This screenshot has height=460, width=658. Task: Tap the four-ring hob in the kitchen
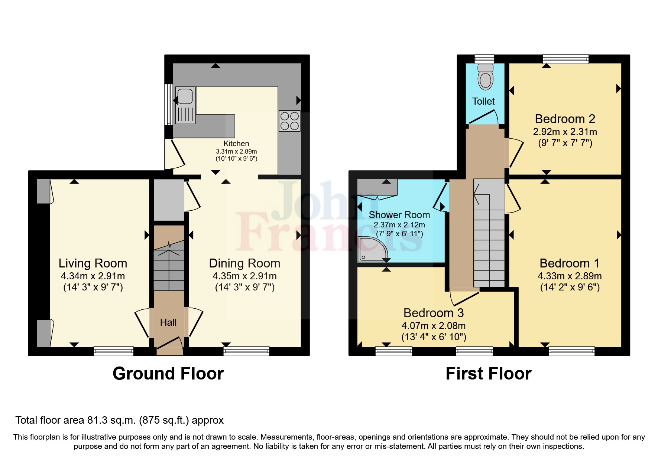[x=290, y=121]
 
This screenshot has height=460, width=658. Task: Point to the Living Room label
[x=93, y=263]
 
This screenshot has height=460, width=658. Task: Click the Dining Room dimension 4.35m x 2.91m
[x=244, y=276]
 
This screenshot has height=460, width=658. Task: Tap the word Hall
[x=168, y=322]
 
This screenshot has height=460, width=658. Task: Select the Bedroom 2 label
[x=565, y=119]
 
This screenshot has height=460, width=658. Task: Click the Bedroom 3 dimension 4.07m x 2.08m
[x=433, y=326]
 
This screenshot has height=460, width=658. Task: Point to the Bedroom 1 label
[x=569, y=263]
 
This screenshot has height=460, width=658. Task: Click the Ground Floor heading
[x=168, y=374]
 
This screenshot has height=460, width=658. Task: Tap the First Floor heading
[x=488, y=374]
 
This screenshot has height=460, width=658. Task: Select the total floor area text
[x=119, y=420]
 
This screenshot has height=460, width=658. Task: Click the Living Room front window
[x=113, y=351]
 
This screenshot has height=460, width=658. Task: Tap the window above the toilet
[x=484, y=59]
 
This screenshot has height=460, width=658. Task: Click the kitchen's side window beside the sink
[x=168, y=105]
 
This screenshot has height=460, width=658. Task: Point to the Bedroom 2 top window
[x=565, y=59]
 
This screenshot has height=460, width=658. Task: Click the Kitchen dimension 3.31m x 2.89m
[x=236, y=151]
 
